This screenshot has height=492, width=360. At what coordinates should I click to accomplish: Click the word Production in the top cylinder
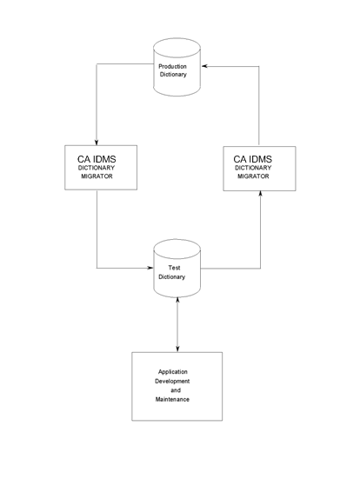pos(178,66)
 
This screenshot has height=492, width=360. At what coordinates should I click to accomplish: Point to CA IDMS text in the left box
pos(96,158)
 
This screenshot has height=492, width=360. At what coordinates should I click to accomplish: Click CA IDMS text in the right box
pos(259,158)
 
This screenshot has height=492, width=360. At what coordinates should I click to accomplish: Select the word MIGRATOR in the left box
pos(96,176)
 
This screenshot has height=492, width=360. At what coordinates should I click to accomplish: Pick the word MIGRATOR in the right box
pos(259,176)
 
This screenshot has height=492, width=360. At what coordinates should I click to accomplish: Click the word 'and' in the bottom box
pos(175,390)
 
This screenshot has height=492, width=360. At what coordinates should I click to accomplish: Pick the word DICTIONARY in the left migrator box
pos(96,168)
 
